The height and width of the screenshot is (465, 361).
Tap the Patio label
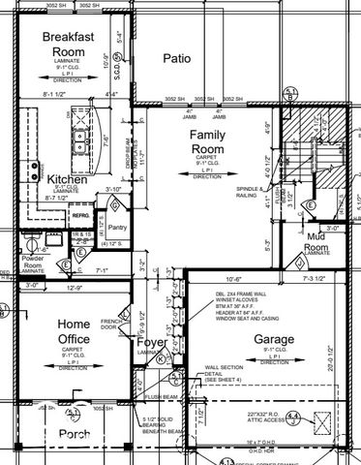click(176, 58)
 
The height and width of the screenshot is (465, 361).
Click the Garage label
click(275, 340)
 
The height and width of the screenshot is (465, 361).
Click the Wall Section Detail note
click(225, 374)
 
